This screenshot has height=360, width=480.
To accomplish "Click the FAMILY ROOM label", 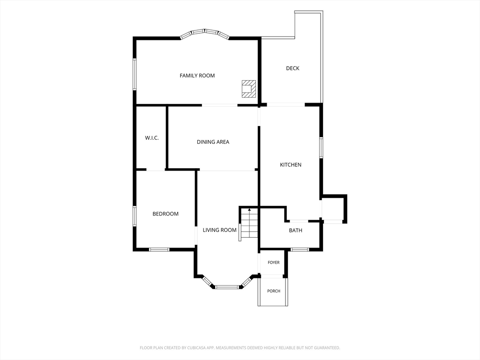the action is (x=197, y=75).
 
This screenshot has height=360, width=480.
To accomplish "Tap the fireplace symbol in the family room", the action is (x=248, y=89).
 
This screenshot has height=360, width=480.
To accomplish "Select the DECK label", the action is (x=292, y=68).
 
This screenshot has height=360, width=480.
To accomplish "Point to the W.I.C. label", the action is (x=152, y=138).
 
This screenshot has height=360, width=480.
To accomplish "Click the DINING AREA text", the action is (x=213, y=142).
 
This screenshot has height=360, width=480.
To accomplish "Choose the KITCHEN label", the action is (x=291, y=165).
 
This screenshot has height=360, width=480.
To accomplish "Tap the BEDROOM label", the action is (x=165, y=214).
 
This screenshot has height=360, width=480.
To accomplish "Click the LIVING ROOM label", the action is (x=219, y=230).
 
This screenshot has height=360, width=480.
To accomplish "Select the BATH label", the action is (x=295, y=230).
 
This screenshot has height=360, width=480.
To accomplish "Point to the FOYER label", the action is (x=273, y=262).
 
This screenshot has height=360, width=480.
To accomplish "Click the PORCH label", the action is (x=274, y=291).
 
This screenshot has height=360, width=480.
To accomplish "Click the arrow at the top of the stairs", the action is (x=249, y=210).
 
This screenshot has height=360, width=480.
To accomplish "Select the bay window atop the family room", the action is (x=204, y=34).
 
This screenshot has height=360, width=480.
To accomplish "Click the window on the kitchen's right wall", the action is (x=321, y=148).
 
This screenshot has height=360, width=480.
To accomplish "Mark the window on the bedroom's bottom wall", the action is (x=159, y=249).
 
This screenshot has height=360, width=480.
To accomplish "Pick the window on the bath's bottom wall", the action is (x=300, y=249).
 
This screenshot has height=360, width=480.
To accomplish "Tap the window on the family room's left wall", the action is (x=135, y=74).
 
